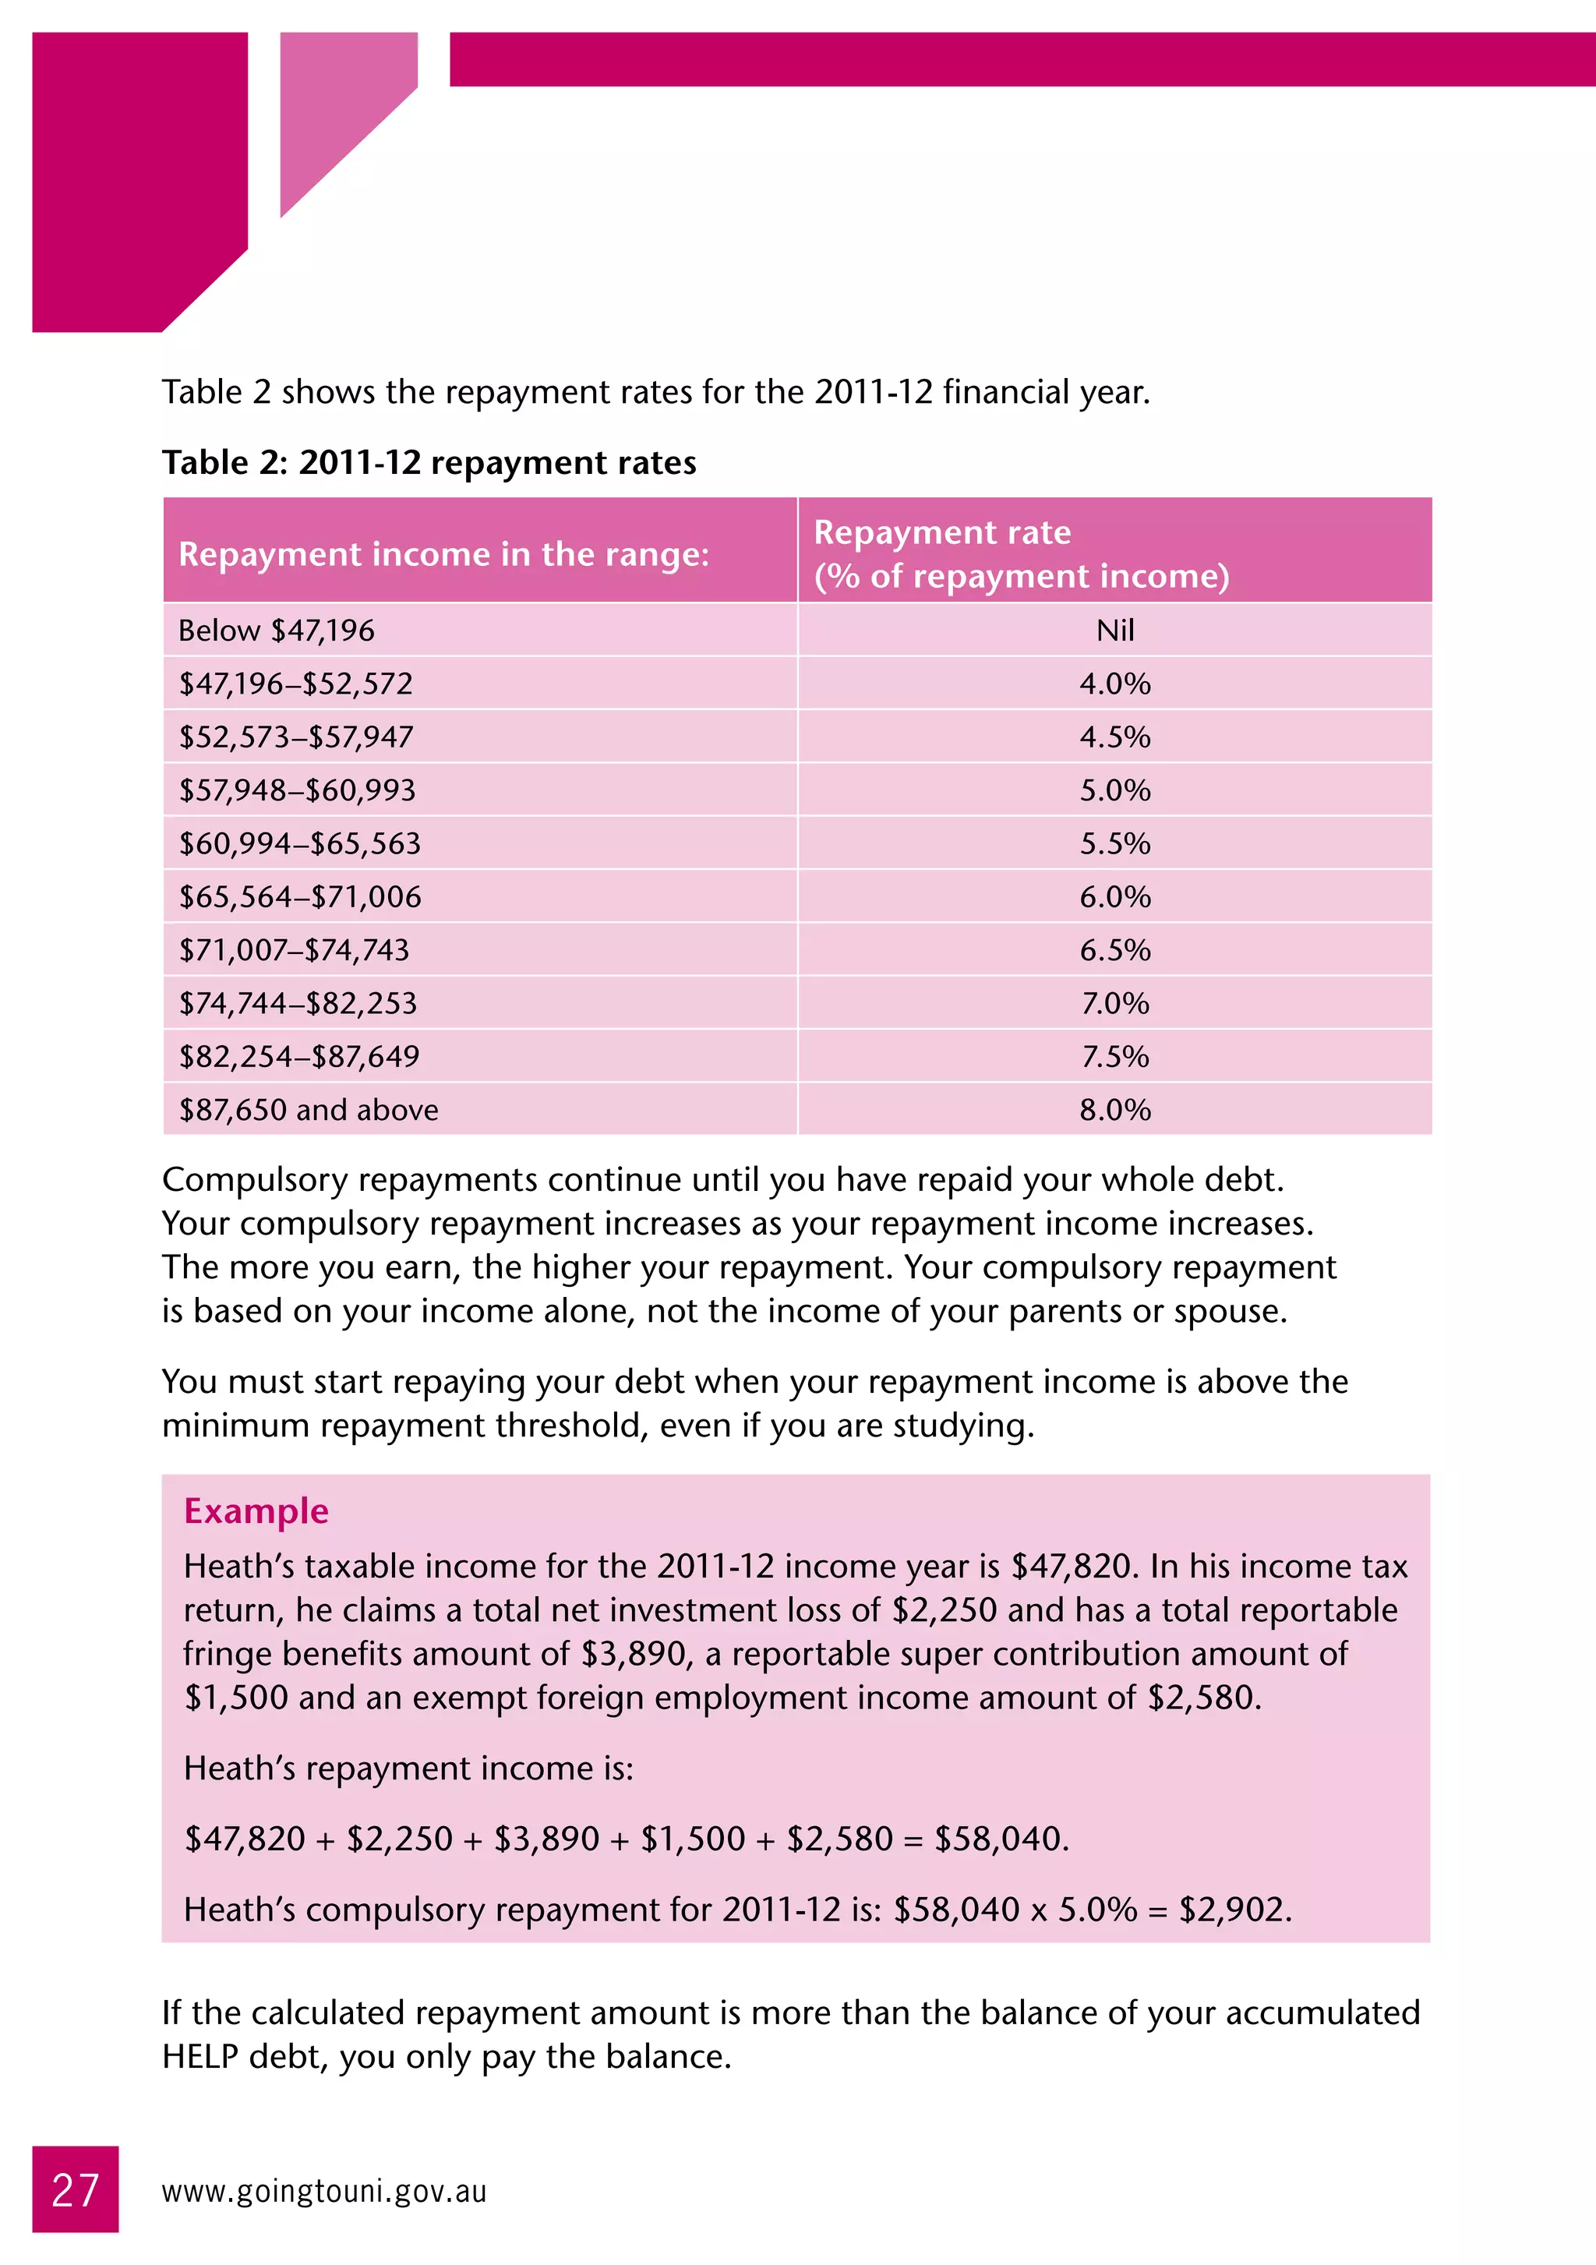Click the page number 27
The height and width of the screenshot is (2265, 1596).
[75, 2190]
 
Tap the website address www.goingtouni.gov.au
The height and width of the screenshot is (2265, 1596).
[323, 2191]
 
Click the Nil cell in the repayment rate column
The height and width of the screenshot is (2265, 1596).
[1114, 631]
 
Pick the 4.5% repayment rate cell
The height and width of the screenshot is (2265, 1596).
[1114, 737]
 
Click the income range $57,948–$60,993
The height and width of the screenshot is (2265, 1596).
[297, 790]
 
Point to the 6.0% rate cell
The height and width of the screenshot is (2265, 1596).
[1114, 897]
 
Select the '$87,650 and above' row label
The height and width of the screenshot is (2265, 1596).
[308, 1110]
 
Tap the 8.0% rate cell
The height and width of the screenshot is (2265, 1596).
[1114, 1110]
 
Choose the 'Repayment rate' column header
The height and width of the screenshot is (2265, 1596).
[942, 532]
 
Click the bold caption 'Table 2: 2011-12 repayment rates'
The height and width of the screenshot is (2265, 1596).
[429, 463]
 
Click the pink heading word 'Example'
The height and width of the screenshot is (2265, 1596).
[256, 1511]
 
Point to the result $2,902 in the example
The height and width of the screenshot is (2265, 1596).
[1233, 1910]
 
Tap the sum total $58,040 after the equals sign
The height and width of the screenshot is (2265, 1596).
[998, 1839]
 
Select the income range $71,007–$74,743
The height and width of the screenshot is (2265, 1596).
[294, 950]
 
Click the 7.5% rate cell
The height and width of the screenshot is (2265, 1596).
[1114, 1057]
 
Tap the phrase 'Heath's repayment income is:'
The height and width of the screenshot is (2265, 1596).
[408, 1768]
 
